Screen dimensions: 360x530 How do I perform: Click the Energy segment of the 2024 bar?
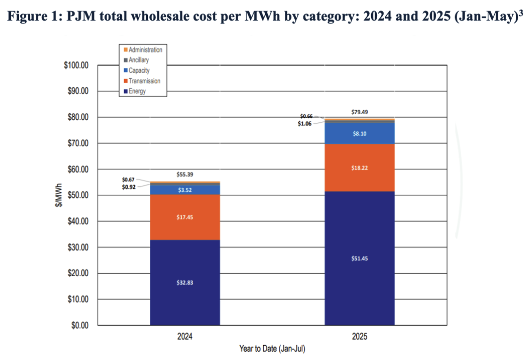click(185, 283)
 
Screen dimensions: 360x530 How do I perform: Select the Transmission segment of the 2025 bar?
click(360, 168)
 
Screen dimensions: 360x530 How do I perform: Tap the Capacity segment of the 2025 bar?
click(360, 133)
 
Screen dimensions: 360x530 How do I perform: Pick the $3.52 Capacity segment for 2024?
click(185, 189)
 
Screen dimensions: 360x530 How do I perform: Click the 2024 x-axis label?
click(185, 336)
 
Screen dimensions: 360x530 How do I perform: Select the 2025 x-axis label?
click(360, 336)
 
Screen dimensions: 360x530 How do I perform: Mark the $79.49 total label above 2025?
click(360, 112)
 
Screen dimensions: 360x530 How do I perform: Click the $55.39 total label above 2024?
click(185, 175)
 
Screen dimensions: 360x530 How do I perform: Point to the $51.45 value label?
click(360, 258)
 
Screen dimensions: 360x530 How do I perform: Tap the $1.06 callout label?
click(305, 123)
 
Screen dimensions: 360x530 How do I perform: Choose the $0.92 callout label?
click(130, 187)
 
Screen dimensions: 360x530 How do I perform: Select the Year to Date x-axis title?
click(272, 349)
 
